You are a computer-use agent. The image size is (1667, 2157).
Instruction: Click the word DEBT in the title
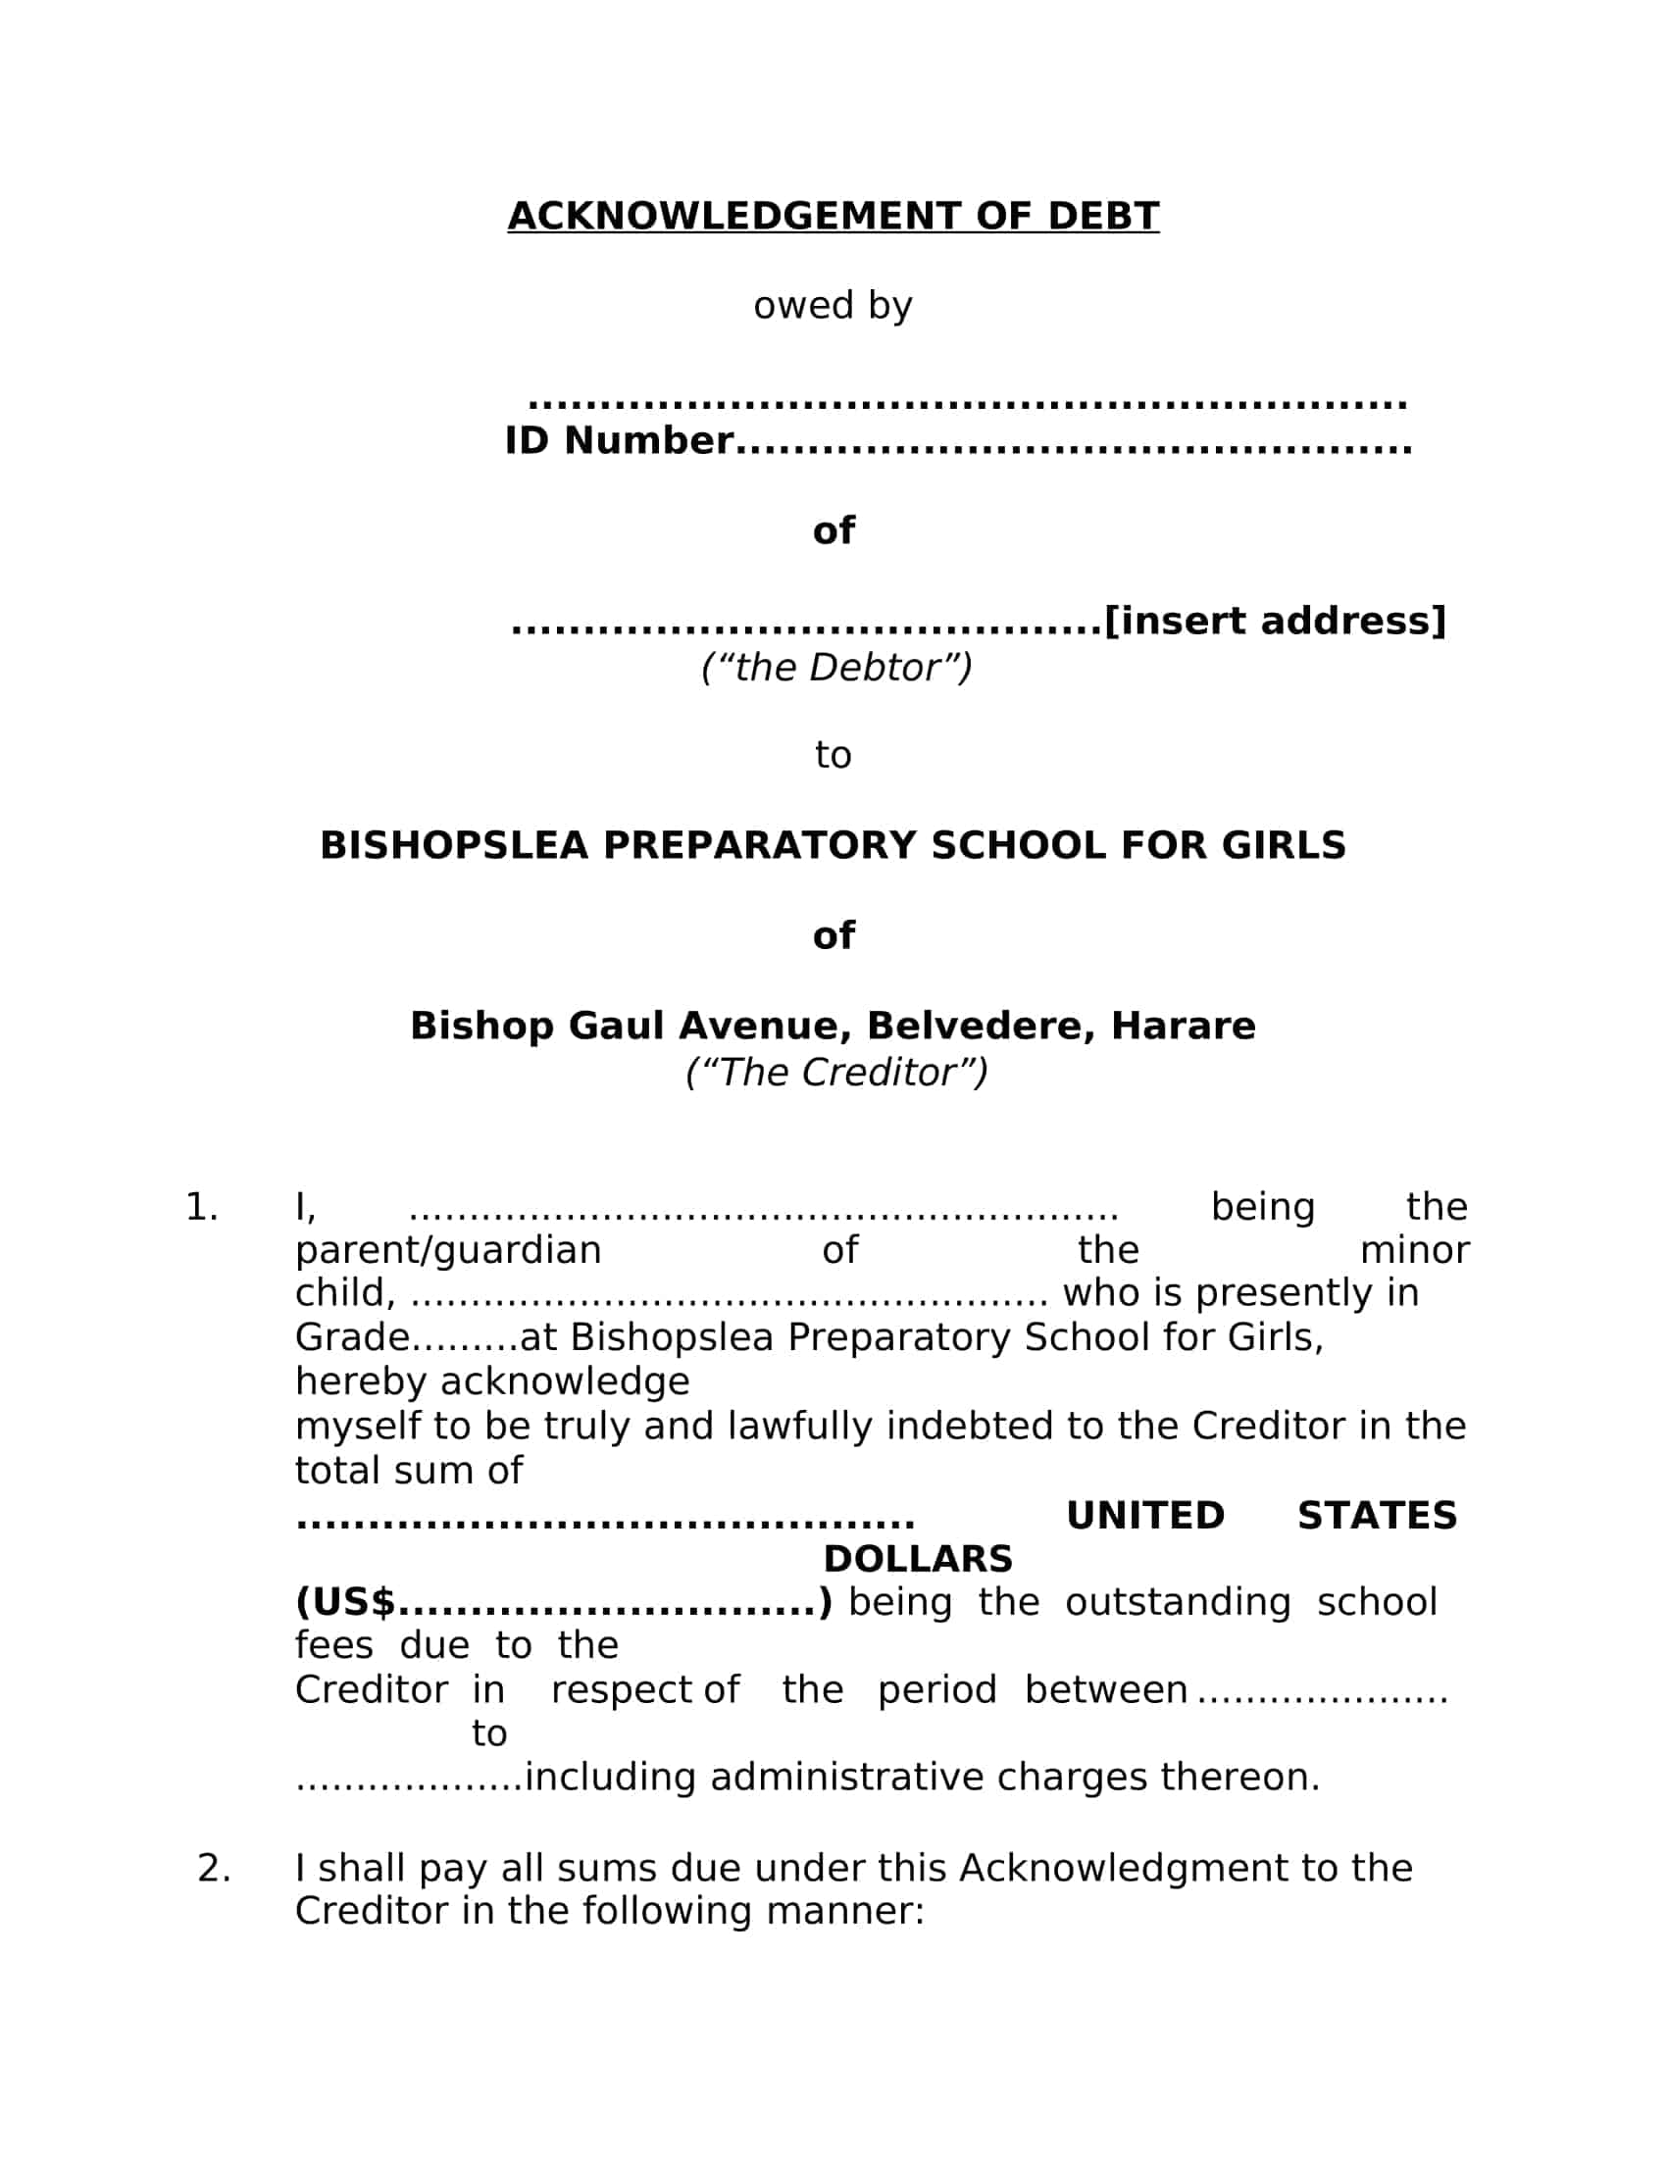coord(1102,217)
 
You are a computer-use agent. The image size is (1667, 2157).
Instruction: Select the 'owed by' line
coord(833,305)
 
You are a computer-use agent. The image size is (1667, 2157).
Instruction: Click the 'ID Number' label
coord(619,440)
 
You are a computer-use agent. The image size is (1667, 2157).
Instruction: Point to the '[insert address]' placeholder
coord(1274,621)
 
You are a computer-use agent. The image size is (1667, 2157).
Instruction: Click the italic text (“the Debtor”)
coord(835,668)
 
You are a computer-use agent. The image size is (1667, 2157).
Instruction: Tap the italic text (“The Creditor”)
coord(835,1073)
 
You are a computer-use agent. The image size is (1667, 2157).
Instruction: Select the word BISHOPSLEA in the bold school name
coord(454,845)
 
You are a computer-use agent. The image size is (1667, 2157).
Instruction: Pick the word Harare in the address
coord(1183,1027)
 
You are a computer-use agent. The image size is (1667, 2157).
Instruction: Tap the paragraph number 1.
coord(201,1207)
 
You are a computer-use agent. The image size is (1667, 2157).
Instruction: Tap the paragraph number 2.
coord(214,1868)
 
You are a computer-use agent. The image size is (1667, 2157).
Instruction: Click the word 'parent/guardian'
coord(447,1250)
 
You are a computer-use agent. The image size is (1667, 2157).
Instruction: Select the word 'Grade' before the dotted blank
coord(352,1337)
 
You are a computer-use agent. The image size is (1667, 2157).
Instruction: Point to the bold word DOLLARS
coord(918,1559)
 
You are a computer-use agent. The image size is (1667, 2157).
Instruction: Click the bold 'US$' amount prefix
coord(345,1602)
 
